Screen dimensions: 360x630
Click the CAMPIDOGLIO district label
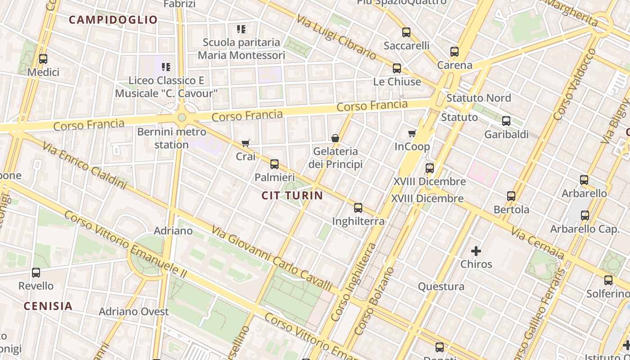113,20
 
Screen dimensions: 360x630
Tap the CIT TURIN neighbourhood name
292,195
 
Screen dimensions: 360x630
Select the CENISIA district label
48,306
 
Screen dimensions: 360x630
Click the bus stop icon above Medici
43,59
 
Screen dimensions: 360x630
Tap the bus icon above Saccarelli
406,32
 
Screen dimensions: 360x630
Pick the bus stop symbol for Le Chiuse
397,68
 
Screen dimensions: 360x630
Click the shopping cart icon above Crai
245,144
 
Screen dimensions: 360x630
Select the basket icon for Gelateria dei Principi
335,138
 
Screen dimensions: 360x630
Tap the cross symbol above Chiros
476,251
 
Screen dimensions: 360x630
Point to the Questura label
441,286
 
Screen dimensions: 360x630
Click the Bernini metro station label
171,138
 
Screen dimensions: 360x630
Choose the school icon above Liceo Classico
166,67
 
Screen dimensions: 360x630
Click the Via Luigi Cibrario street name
337,37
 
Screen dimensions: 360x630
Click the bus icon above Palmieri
274,164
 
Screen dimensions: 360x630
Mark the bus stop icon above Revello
36,273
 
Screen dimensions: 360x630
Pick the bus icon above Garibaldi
506,121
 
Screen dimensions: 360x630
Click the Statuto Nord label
478,98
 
